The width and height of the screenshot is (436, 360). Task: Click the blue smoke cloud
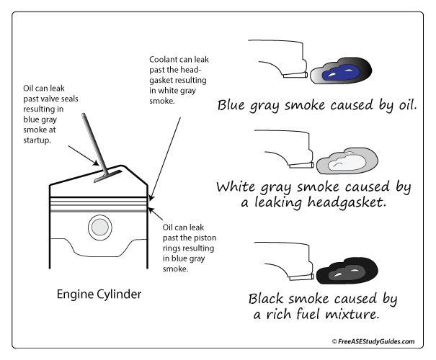coord(340,73)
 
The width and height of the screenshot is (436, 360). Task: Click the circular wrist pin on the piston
coord(99,229)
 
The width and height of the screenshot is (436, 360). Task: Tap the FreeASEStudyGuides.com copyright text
coord(373,341)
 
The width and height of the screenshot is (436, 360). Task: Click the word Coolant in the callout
coord(164,58)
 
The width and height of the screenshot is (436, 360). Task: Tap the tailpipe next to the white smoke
coord(298,166)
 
